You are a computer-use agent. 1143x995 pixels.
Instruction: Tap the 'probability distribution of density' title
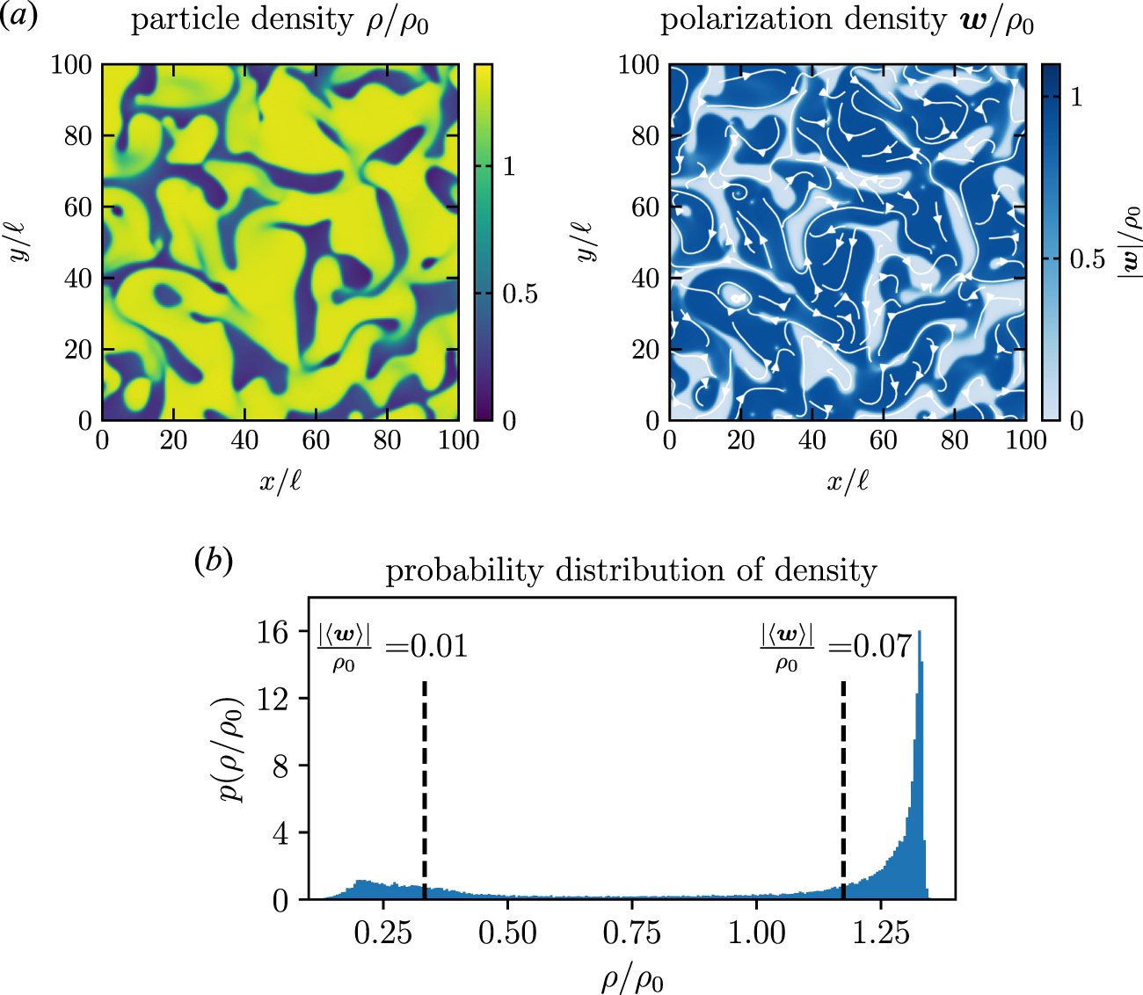coord(631,570)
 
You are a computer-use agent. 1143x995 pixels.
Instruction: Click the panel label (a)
coord(18,18)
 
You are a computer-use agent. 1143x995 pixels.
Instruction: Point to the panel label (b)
coord(213,560)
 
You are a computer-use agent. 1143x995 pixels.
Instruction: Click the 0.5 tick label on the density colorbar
coord(520,294)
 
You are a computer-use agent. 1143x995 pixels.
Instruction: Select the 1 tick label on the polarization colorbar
coord(1076,96)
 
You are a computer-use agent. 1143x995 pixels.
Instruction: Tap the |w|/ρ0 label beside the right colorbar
coord(1128,242)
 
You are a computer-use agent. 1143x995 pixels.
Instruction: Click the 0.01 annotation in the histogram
coord(439,647)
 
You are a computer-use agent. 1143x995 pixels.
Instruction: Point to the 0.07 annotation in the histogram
coord(883,647)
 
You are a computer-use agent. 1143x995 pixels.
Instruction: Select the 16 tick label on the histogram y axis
coord(273,631)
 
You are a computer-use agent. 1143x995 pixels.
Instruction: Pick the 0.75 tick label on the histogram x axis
coord(631,933)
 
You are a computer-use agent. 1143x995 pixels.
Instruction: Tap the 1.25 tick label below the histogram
coord(881,933)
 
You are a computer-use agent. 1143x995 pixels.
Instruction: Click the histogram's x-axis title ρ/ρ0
coord(631,976)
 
